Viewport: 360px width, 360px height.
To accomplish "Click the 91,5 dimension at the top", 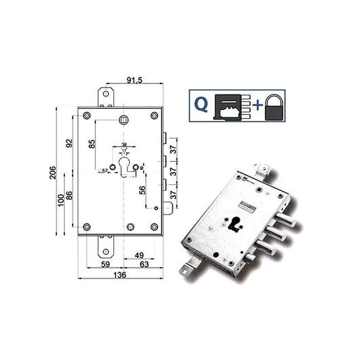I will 134,81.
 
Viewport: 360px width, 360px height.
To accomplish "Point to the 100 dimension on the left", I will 60,201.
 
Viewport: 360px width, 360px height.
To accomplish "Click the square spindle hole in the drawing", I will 123,121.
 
